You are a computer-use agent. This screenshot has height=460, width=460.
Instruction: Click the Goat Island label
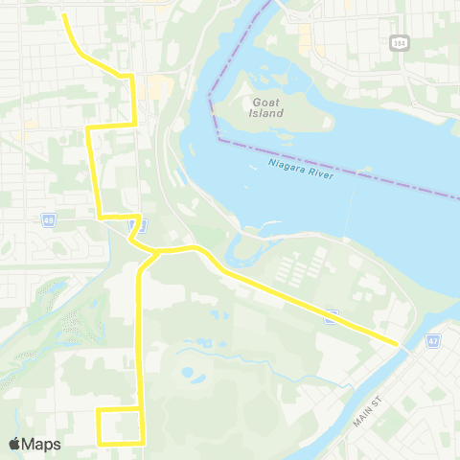tap(267, 106)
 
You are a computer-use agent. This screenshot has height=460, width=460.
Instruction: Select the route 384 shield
tap(398, 43)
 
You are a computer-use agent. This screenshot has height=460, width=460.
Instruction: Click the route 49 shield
tap(48, 220)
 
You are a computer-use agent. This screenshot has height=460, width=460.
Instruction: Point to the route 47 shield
tap(433, 340)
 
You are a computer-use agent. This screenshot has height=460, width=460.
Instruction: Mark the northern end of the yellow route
tap(63, 15)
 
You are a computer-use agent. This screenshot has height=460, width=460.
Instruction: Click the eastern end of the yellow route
tap(398, 342)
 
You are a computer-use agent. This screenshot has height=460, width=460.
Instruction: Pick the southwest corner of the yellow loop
tap(99, 443)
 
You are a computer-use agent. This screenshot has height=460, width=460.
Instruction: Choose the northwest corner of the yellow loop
tap(99, 410)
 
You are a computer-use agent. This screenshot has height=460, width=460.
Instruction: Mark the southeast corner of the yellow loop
tap(143, 443)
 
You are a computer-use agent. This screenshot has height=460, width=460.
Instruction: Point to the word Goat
tap(267, 100)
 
